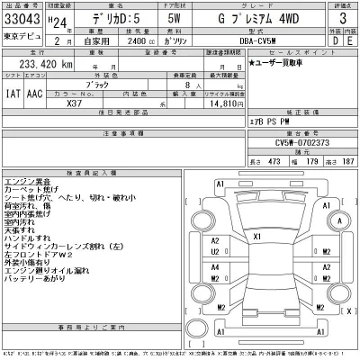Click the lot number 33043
(25, 19)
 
